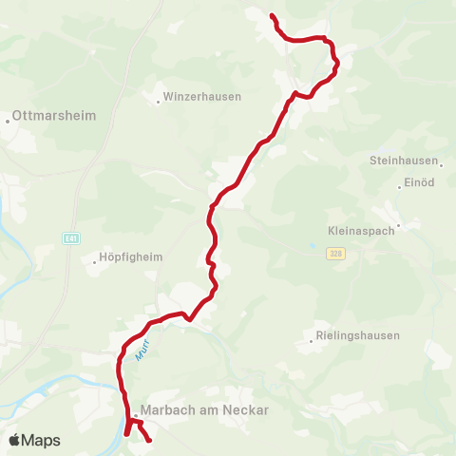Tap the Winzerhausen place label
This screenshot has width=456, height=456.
tap(202, 97)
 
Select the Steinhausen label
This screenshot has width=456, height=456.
tap(399, 161)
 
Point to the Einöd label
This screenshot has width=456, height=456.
tap(420, 182)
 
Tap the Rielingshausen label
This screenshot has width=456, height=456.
tap(359, 335)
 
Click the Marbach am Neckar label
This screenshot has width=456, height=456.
tap(204, 410)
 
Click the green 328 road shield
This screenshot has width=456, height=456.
tap(335, 254)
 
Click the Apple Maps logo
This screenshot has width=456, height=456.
tap(34, 441)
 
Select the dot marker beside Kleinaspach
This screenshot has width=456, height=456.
tap(400, 225)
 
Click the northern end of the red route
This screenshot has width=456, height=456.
tap(273, 16)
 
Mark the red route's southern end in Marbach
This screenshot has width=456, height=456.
tap(149, 439)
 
